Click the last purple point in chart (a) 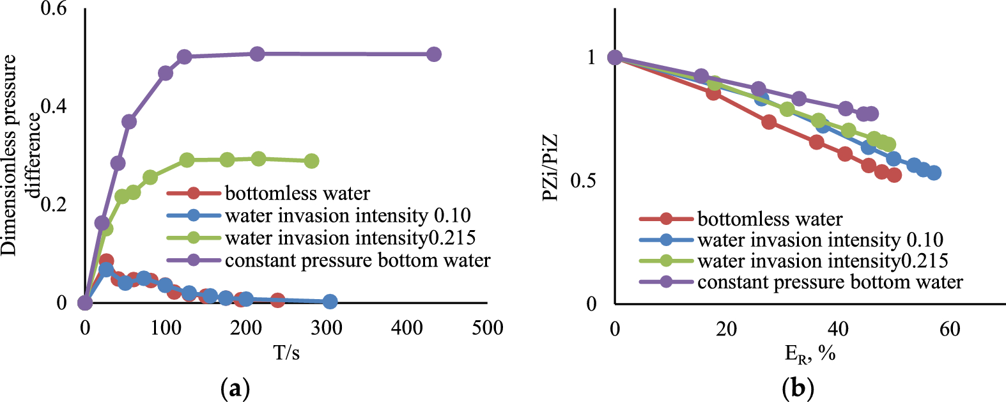pyautogui.click(x=433, y=54)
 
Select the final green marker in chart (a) pyautogui.click(x=311, y=161)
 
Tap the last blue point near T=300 pyautogui.click(x=330, y=302)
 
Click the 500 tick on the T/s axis pyautogui.click(x=487, y=329)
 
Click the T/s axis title pyautogui.click(x=286, y=352)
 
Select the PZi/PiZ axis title pyautogui.click(x=550, y=167)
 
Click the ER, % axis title pyautogui.click(x=810, y=353)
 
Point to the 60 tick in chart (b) pyautogui.click(x=949, y=329)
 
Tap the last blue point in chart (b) pyautogui.click(x=934, y=173)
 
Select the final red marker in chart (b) pyautogui.click(x=894, y=175)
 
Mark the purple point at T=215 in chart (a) pyautogui.click(x=257, y=54)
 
